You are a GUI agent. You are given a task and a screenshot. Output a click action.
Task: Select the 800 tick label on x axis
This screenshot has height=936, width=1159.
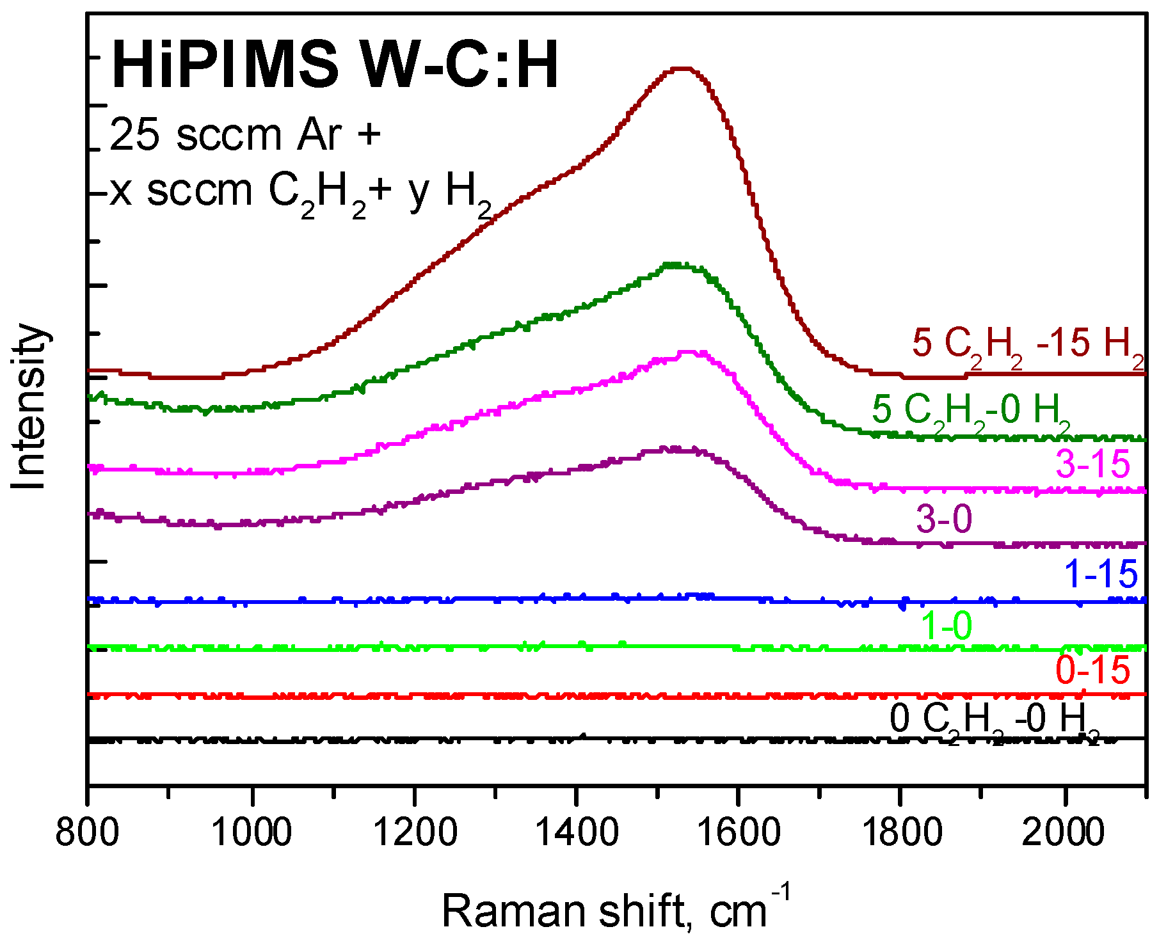87,834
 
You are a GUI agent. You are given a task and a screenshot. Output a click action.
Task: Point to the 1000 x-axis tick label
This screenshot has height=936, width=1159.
252,834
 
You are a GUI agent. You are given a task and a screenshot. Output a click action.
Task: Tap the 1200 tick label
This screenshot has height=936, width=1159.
415,834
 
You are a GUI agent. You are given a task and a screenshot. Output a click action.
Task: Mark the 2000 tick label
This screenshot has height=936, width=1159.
1063,834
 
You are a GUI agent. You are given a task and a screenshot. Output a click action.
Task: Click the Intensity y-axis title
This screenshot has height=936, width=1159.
29,407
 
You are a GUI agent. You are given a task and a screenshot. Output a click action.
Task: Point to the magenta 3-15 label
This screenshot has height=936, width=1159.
1092,464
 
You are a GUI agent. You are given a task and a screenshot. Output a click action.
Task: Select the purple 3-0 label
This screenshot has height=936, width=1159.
943,518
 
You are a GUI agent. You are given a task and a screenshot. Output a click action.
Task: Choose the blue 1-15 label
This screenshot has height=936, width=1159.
1101,574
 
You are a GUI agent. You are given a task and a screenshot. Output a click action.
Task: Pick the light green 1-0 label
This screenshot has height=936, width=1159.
947,626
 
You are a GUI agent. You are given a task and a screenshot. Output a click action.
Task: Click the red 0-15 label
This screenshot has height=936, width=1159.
1092,670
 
